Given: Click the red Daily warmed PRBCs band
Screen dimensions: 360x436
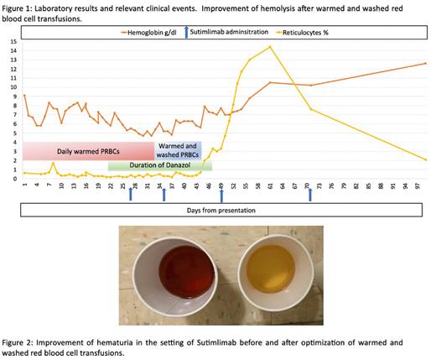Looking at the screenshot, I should click(87, 151).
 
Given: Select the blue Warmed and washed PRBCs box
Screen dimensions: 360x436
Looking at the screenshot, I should click(179, 151).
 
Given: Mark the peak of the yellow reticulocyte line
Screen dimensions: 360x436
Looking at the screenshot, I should click(269, 47).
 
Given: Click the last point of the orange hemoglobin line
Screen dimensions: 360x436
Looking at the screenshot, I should click(426, 63).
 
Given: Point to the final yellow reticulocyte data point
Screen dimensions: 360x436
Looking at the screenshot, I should click(426, 159).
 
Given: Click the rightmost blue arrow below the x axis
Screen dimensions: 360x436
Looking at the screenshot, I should click(310, 194).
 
